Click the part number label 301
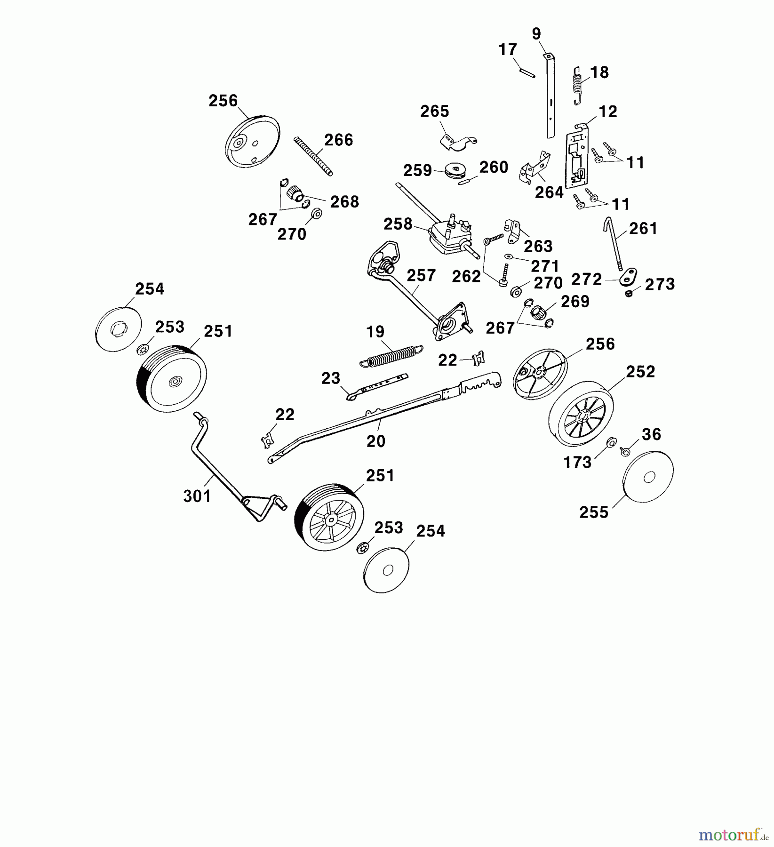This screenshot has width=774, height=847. [197, 495]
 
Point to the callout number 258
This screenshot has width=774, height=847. [398, 224]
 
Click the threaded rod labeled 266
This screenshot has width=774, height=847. [313, 156]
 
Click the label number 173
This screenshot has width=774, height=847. [577, 463]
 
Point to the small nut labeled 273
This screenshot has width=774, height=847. [629, 294]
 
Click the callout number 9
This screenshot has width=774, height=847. [536, 34]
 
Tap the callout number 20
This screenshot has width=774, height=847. [376, 441]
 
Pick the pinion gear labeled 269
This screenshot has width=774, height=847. [538, 312]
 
